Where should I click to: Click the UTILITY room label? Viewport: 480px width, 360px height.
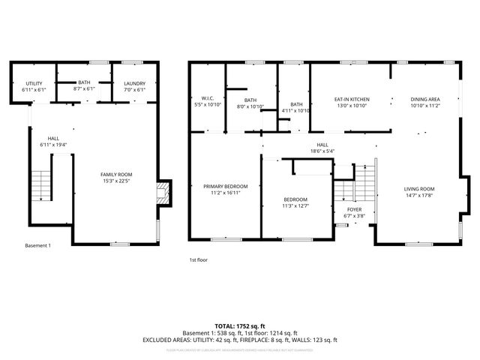tap(34, 83)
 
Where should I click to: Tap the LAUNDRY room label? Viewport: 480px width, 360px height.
tap(135, 83)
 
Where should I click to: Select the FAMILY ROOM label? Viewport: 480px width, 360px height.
tap(116, 174)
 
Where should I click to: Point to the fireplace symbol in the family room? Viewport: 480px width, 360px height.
tap(161, 192)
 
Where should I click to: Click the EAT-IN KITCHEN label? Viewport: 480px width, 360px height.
tap(351, 99)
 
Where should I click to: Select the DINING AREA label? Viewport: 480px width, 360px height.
tap(424, 99)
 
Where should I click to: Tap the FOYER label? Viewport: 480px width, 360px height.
tap(354, 211)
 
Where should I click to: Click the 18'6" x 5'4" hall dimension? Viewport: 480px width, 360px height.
tap(322, 151)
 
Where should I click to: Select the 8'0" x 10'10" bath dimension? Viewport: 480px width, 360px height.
tap(250, 106)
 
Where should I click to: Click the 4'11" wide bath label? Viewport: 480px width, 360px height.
tap(296, 104)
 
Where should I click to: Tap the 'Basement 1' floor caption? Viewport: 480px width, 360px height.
tap(37, 246)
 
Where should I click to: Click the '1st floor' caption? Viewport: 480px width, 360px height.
tap(198, 259)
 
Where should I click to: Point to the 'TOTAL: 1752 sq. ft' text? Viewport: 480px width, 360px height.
tap(240, 325)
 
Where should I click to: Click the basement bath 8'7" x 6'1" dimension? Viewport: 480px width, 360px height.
tap(84, 88)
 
